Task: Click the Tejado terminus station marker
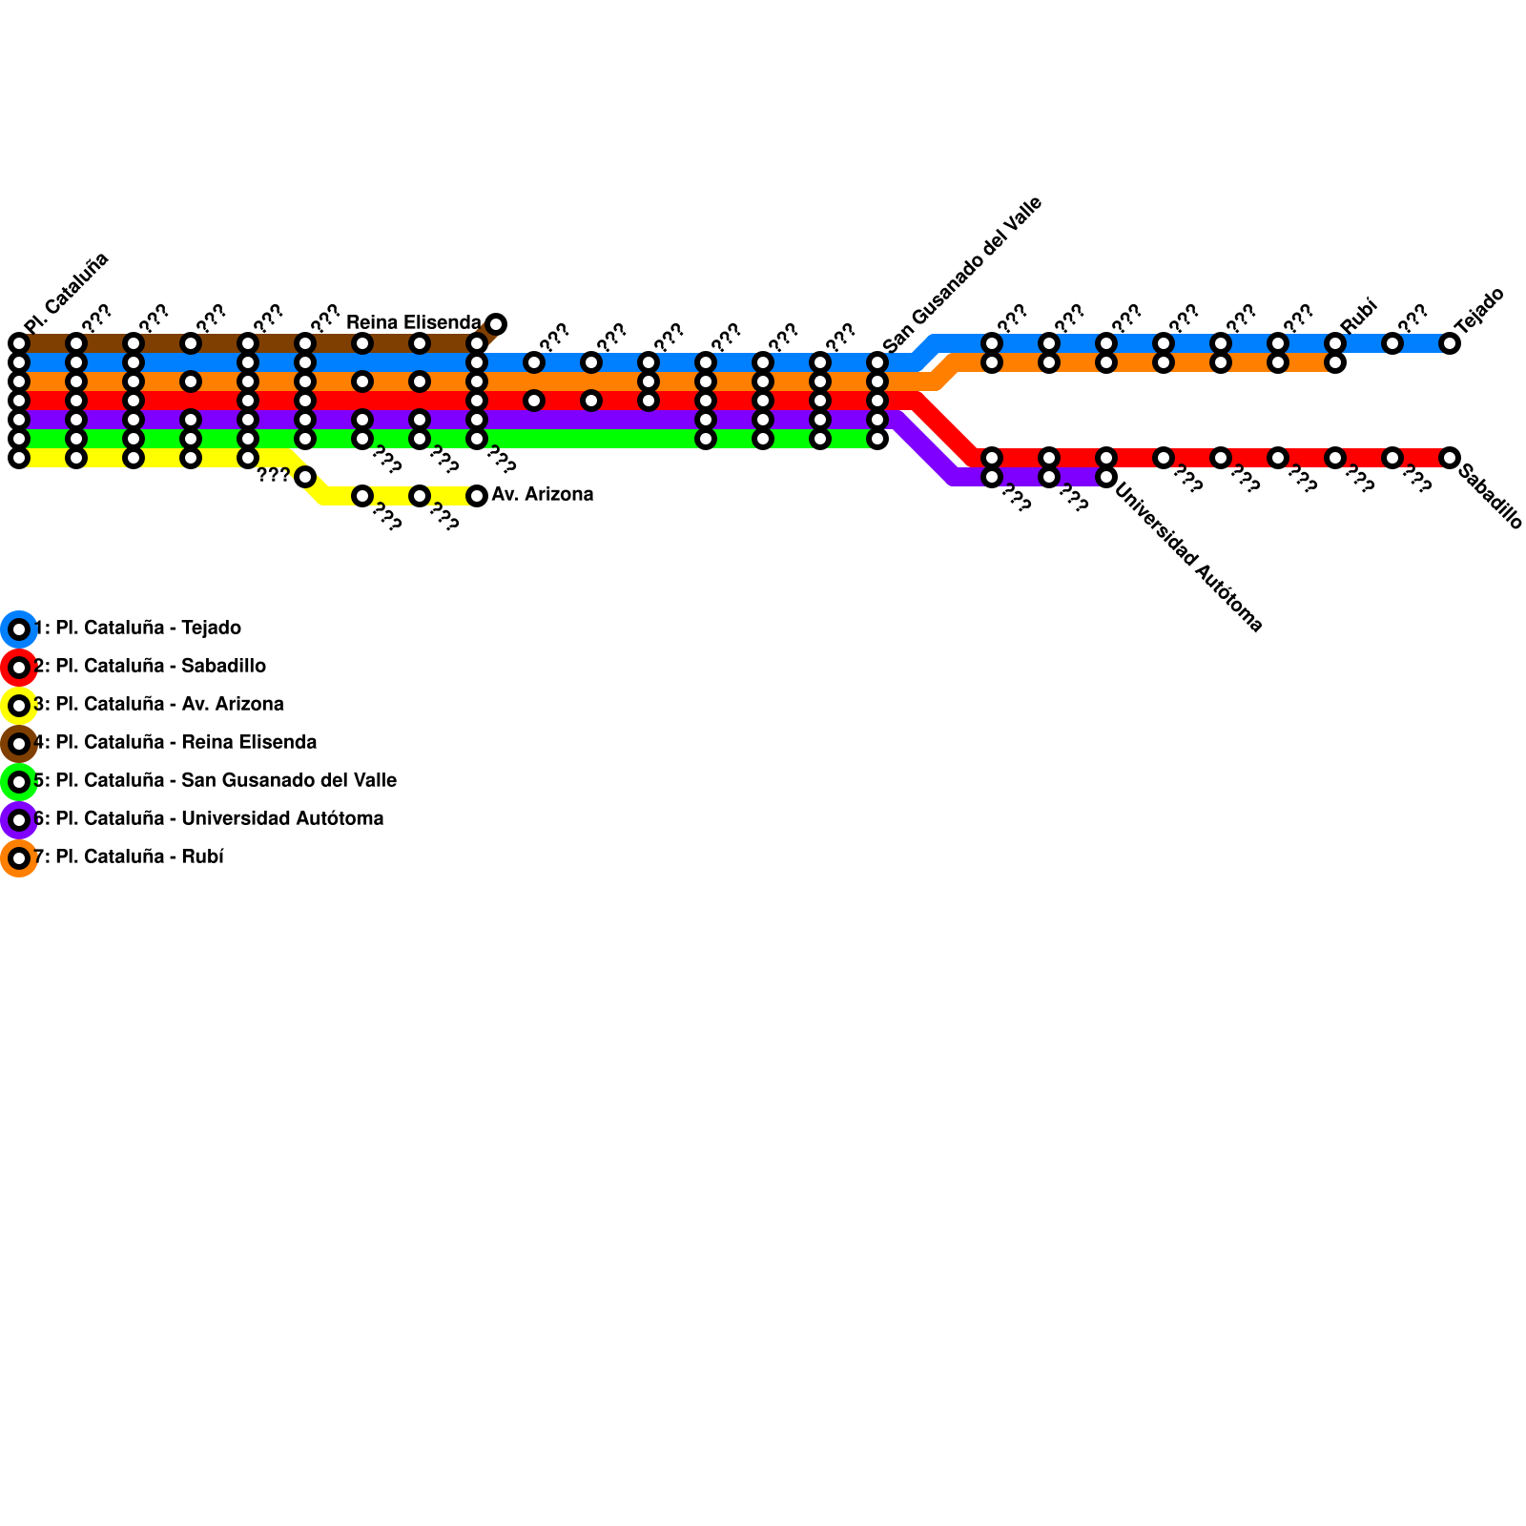[x=1450, y=343]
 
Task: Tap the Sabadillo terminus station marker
[x=1450, y=458]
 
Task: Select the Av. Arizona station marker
[x=477, y=496]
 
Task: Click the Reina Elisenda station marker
[x=496, y=324]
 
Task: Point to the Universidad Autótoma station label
[x=1188, y=559]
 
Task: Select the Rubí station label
[x=1359, y=316]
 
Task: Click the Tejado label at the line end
[x=1479, y=309]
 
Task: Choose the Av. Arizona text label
[x=543, y=494]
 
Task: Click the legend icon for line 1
[x=19, y=629]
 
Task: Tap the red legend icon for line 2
[x=19, y=668]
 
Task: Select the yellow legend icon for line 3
[x=19, y=706]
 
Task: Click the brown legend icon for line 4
[x=19, y=744]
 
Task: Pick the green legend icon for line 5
[x=19, y=782]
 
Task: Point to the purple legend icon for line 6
[x=19, y=820]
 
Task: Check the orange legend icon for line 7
[x=19, y=858]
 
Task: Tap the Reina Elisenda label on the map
[x=413, y=322]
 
